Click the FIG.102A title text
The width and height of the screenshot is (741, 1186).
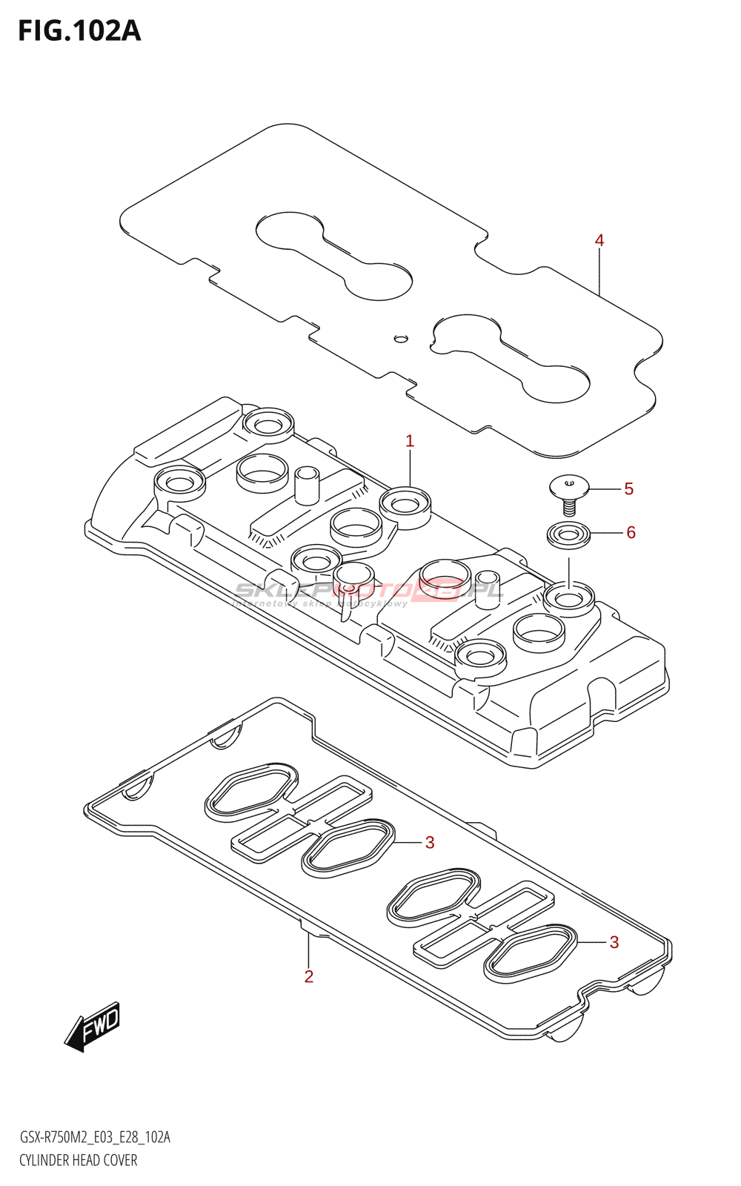point(79,31)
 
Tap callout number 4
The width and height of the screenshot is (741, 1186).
point(599,240)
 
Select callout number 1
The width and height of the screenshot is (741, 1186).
point(410,441)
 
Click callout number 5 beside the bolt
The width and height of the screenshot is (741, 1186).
point(629,488)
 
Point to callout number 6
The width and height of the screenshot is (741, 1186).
point(631,532)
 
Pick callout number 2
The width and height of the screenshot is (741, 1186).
point(309,976)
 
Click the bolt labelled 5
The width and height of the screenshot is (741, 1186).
point(568,493)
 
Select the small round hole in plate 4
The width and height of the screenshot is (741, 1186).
point(401,339)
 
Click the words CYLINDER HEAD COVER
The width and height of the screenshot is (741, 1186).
point(79,1160)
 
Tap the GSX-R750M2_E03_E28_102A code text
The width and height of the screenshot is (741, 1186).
point(95,1138)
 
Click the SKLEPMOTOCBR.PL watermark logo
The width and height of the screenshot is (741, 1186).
point(369,592)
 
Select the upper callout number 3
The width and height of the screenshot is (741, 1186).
point(430,843)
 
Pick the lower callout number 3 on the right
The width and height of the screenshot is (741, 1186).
point(614,942)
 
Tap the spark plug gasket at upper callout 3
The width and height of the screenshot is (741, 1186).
point(347,847)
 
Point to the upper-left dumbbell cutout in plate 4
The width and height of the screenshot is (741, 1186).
point(334,256)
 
